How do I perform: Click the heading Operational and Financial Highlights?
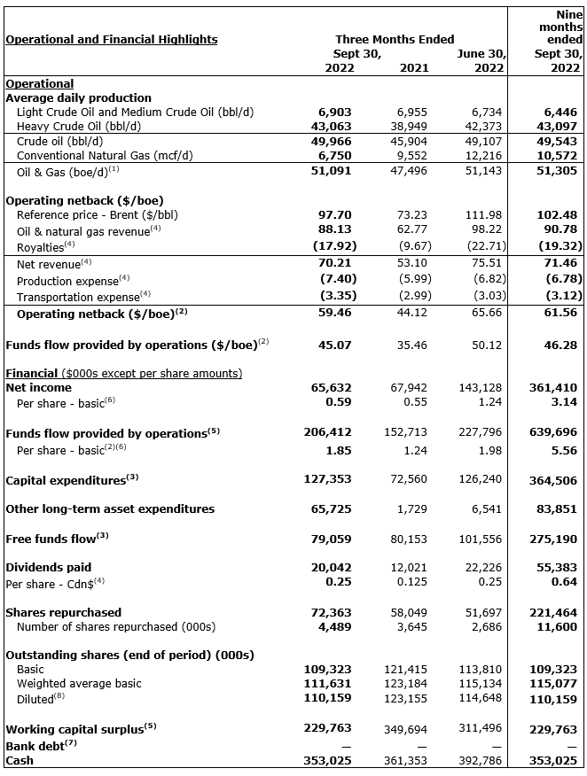tap(112, 39)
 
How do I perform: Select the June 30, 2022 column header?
tap(481, 60)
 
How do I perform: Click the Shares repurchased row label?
tap(64, 612)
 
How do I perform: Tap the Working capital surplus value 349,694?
tap(408, 729)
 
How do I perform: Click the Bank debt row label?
tap(35, 745)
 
